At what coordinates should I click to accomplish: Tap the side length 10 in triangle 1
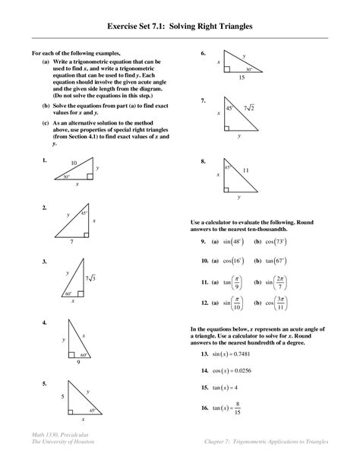tap(73, 163)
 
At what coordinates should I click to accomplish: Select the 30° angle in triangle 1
tap(67, 177)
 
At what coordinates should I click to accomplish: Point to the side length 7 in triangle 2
tap(71, 242)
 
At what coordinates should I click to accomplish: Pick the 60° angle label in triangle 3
tap(68, 293)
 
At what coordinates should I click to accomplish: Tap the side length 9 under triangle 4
tap(77, 363)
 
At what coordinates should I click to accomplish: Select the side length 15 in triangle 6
tap(241, 78)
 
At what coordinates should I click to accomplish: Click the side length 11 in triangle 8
tap(245, 171)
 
